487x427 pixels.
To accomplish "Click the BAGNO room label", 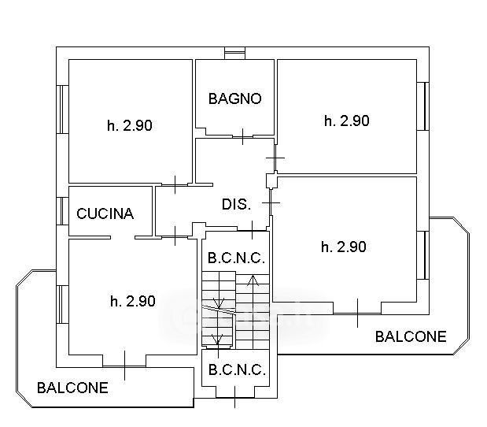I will tap(234, 98).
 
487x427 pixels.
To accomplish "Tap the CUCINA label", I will tap(105, 213).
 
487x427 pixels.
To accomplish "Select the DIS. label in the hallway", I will tap(236, 204).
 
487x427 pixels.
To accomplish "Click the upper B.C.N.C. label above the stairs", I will tap(235, 258).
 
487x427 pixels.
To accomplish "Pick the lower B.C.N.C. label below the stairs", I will tap(235, 369).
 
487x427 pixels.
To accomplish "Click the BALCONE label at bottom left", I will tap(72, 388).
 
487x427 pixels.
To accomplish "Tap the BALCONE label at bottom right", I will tap(411, 336).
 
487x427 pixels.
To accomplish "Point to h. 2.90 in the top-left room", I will tap(129, 124).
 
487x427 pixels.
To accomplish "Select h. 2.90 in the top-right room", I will tap(346, 121).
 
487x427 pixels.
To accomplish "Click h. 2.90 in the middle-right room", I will tap(344, 247).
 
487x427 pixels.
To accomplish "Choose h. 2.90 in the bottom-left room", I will tap(132, 300).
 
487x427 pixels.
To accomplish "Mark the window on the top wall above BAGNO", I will tap(234, 53).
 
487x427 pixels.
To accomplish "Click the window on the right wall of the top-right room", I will tap(426, 105).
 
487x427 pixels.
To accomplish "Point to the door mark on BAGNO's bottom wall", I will tap(244, 136).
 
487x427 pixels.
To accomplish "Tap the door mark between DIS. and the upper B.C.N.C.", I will tap(251, 230).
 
